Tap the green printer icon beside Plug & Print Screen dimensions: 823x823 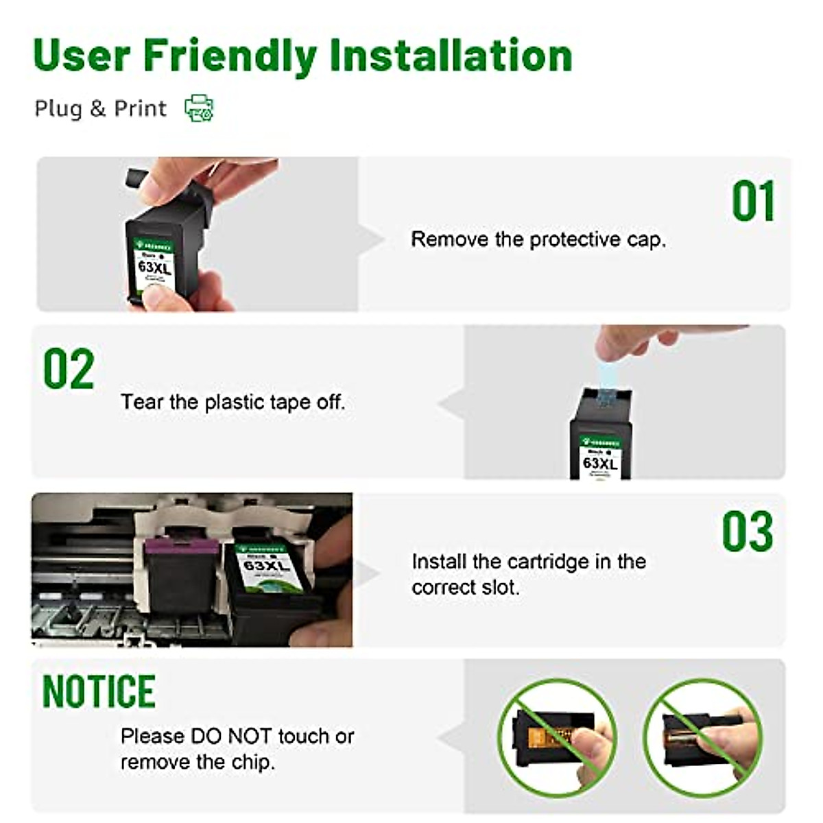(199, 108)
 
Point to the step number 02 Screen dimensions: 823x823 (69, 370)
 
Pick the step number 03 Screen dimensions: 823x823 (747, 532)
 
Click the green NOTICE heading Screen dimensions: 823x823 (99, 691)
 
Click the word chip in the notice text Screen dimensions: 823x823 (253, 762)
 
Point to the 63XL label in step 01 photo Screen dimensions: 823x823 (154, 267)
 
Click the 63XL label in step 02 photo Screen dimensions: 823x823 (599, 463)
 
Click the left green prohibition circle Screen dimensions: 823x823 (557, 737)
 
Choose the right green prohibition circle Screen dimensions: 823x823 (703, 737)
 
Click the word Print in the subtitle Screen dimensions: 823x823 (140, 108)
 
